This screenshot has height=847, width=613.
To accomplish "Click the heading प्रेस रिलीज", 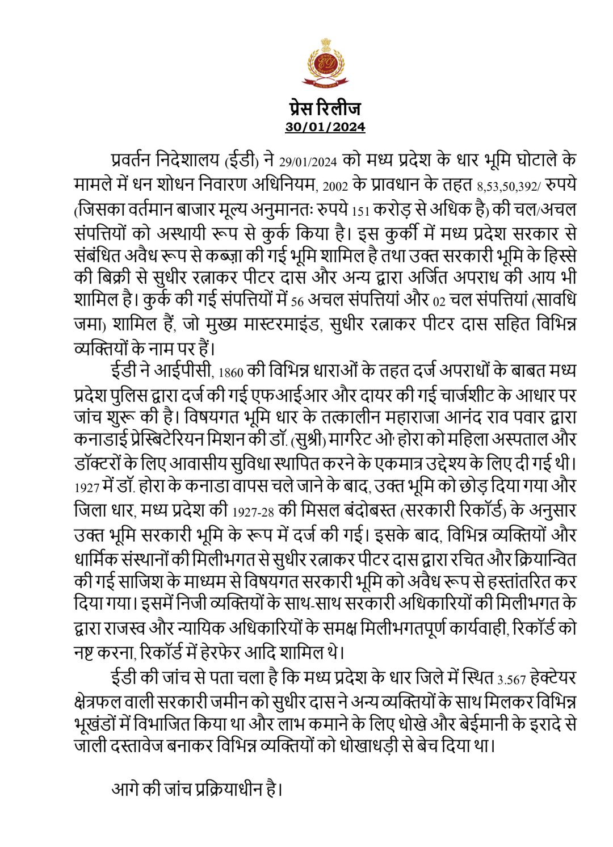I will pos(325,107).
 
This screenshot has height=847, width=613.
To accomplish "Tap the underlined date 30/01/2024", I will pos(325,127).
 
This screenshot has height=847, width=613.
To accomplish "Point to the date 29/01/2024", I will pos(308,162).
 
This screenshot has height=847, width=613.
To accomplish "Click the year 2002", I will pos(335,186).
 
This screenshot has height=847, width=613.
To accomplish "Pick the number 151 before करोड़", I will pos(360,211).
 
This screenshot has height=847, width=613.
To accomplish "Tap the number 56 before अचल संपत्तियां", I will pos(297,301).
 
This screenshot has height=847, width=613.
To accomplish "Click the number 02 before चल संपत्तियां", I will pos(439,301).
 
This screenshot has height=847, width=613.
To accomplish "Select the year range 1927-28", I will pos(253,511).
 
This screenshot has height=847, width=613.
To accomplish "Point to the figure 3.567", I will pos(511,680).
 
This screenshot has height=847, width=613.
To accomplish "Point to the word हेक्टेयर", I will pos(553,678).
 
